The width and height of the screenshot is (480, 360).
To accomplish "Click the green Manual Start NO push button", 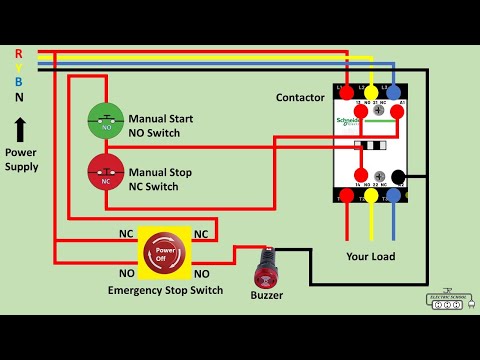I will [104, 124].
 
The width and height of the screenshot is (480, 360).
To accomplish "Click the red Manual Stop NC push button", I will [104, 172].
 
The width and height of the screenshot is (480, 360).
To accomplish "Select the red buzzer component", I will [267, 267].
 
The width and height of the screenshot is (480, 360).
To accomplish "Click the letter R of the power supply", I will [18, 53].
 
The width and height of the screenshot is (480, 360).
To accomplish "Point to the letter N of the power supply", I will [18, 97].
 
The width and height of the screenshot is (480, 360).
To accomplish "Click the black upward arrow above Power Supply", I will [20, 129].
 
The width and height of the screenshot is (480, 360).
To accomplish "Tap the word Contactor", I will [300, 97].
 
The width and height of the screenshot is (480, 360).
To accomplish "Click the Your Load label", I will [370, 256].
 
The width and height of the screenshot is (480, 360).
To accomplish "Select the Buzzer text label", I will [266, 295].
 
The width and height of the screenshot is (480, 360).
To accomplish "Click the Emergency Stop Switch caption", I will [165, 291].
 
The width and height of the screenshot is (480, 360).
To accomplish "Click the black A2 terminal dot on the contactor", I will [398, 178].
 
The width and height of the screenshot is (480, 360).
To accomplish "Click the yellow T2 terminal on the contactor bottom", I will [372, 195].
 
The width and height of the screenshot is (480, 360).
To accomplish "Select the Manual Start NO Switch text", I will [160, 124].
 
